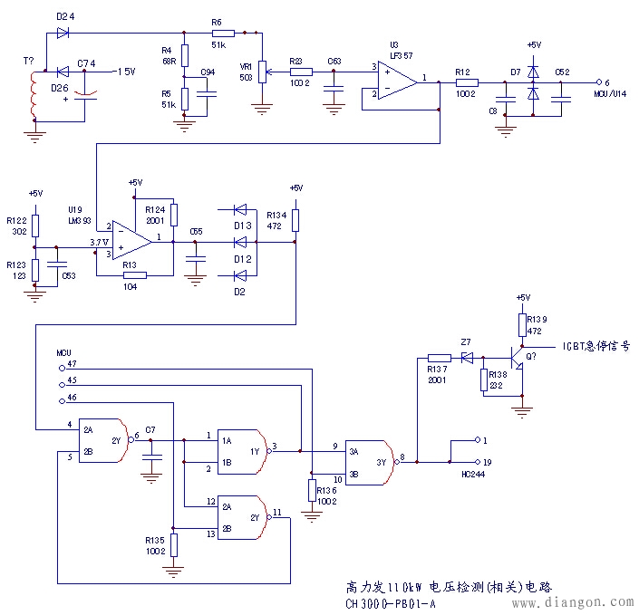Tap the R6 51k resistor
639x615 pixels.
click(222, 33)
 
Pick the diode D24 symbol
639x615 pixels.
click(63, 33)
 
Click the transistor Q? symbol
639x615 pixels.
click(519, 358)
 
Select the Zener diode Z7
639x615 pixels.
click(467, 357)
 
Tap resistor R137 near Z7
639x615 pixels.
click(440, 357)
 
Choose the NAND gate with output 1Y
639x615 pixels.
click(245, 450)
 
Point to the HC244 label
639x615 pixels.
click(474, 475)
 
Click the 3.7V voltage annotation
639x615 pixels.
click(101, 242)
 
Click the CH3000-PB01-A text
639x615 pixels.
click(390, 601)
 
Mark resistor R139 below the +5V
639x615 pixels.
click(522, 324)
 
